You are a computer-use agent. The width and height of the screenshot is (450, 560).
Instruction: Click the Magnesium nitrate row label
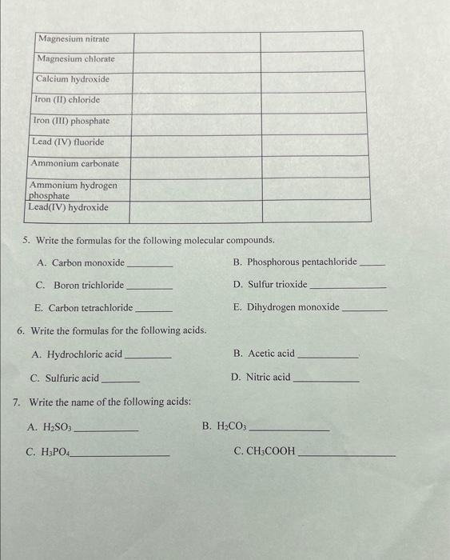point(74,38)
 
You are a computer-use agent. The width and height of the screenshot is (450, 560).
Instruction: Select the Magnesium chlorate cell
point(77,59)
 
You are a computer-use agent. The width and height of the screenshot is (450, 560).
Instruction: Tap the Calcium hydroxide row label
point(73,79)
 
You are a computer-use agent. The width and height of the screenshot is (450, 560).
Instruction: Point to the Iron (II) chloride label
point(67,100)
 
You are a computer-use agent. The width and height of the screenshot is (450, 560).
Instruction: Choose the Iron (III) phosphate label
point(70,121)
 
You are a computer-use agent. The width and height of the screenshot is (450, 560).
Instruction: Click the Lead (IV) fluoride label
point(67,142)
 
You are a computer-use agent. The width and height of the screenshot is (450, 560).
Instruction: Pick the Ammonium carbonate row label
point(74,163)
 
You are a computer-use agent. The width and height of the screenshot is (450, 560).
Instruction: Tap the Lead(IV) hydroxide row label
point(68,208)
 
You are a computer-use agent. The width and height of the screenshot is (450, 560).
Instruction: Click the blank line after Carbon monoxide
point(149,265)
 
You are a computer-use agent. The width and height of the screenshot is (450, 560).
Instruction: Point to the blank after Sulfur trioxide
point(347,286)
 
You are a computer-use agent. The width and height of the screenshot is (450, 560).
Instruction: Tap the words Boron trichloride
point(89,285)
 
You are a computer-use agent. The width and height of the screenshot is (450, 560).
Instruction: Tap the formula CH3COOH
point(265,452)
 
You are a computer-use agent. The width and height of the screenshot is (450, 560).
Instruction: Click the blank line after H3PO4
point(121,454)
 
